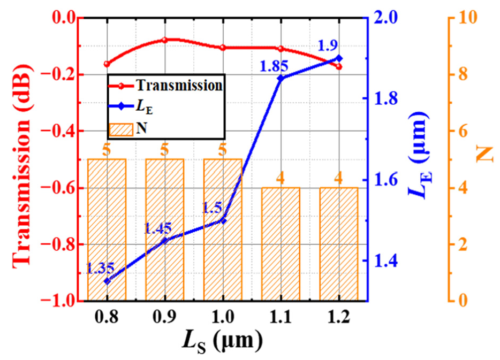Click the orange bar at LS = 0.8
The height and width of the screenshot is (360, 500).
coord(107,229)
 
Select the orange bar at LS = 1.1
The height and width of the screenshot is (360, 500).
coord(281,244)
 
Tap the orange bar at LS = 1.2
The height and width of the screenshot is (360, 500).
coord(338,244)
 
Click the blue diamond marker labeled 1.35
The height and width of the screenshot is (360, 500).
coord(107,281)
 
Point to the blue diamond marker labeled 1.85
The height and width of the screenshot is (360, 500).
coord(281,78)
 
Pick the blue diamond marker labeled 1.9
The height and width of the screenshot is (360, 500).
coord(338,58)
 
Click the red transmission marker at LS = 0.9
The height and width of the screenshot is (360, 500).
coord(165,40)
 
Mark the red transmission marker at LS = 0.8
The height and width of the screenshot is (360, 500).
coord(107,64)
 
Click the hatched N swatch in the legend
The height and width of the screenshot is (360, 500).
coord(122,128)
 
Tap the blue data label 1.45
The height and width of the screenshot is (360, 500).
coord(158,228)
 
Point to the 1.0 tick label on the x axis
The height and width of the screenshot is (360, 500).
coord(223,317)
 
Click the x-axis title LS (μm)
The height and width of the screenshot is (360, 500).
coord(223,342)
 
